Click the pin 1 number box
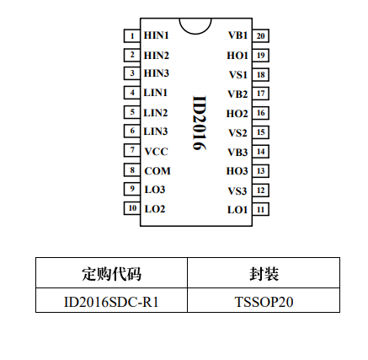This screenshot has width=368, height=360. pyautogui.click(x=132, y=35)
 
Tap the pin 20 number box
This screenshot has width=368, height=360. pyautogui.click(x=261, y=35)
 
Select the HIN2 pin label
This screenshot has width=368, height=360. pyautogui.click(x=157, y=56)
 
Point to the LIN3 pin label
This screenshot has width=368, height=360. pyautogui.click(x=156, y=132)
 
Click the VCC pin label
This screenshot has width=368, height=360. pyautogui.click(x=156, y=152)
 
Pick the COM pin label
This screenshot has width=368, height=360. pyautogui.click(x=157, y=171)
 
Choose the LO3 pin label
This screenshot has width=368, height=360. pyautogui.click(x=155, y=190)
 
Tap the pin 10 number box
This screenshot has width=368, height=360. pyautogui.click(x=132, y=208)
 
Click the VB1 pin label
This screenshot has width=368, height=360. pyautogui.click(x=238, y=35)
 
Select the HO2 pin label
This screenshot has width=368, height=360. pyautogui.click(x=237, y=114)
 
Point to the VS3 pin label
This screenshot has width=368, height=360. pyautogui.click(x=237, y=191)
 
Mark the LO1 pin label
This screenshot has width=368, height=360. pyautogui.click(x=237, y=210)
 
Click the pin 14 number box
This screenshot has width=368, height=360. pyautogui.click(x=261, y=152)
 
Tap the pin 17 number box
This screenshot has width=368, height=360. pyautogui.click(x=261, y=94)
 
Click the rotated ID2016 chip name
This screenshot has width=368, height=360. pyautogui.click(x=200, y=123)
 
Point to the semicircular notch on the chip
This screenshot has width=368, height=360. pyautogui.click(x=195, y=33)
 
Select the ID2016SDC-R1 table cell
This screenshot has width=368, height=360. pyautogui.click(x=111, y=302)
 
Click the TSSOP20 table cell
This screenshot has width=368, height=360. pyautogui.click(x=264, y=302)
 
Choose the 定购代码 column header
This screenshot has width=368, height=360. pyautogui.click(x=111, y=274)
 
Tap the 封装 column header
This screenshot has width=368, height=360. pyautogui.click(x=264, y=274)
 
